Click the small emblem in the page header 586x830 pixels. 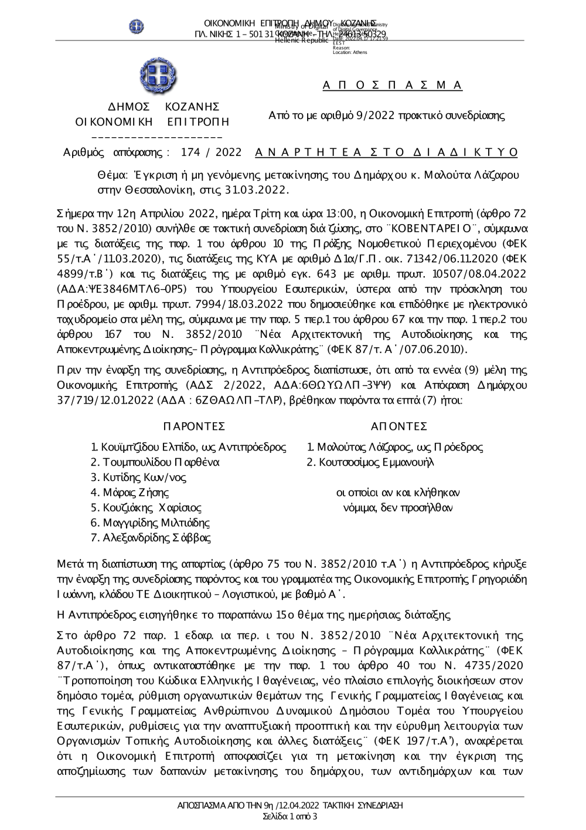(x=137, y=26)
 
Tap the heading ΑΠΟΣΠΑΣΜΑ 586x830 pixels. (x=393, y=86)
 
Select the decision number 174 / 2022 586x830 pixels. (x=212, y=153)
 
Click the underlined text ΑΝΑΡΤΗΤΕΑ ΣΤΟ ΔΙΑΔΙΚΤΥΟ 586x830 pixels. (x=387, y=153)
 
